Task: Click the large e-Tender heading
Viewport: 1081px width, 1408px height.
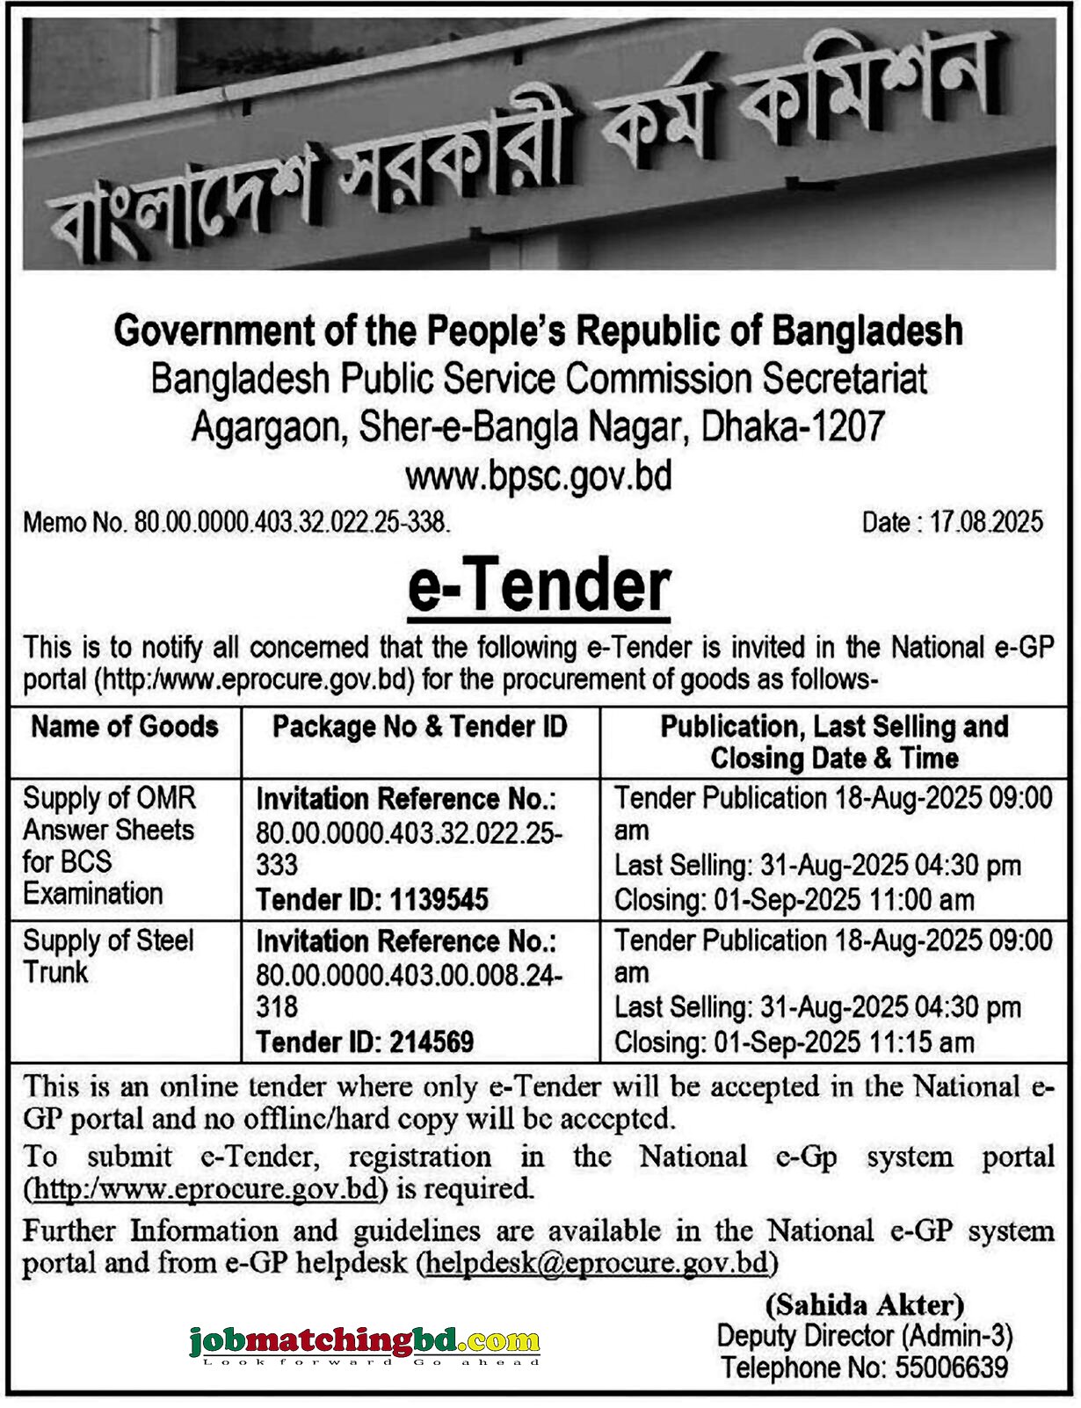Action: pyautogui.click(x=539, y=586)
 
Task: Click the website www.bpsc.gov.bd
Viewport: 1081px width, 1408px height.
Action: pyautogui.click(x=539, y=475)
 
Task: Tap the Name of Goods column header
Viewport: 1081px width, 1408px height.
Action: pyautogui.click(x=125, y=727)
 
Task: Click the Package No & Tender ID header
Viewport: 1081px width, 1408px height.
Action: pyautogui.click(x=420, y=727)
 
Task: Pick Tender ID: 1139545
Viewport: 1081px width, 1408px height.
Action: pyautogui.click(x=372, y=899)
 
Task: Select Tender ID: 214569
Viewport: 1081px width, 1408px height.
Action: pyautogui.click(x=365, y=1041)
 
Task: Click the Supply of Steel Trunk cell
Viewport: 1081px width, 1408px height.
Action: pyautogui.click(x=107, y=956)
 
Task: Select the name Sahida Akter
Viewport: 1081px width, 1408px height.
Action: pyautogui.click(x=865, y=1304)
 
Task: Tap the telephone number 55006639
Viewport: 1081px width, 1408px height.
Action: pyautogui.click(x=952, y=1368)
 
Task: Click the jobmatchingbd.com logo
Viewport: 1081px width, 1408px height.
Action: pyautogui.click(x=364, y=1343)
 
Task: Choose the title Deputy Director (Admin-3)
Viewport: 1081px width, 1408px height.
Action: pyautogui.click(x=865, y=1336)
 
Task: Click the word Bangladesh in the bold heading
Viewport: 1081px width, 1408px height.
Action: pyautogui.click(x=867, y=331)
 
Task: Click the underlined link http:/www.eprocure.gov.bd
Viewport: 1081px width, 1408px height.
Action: pyautogui.click(x=207, y=1189)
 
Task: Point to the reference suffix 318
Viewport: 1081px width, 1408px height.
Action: pyautogui.click(x=277, y=1007)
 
